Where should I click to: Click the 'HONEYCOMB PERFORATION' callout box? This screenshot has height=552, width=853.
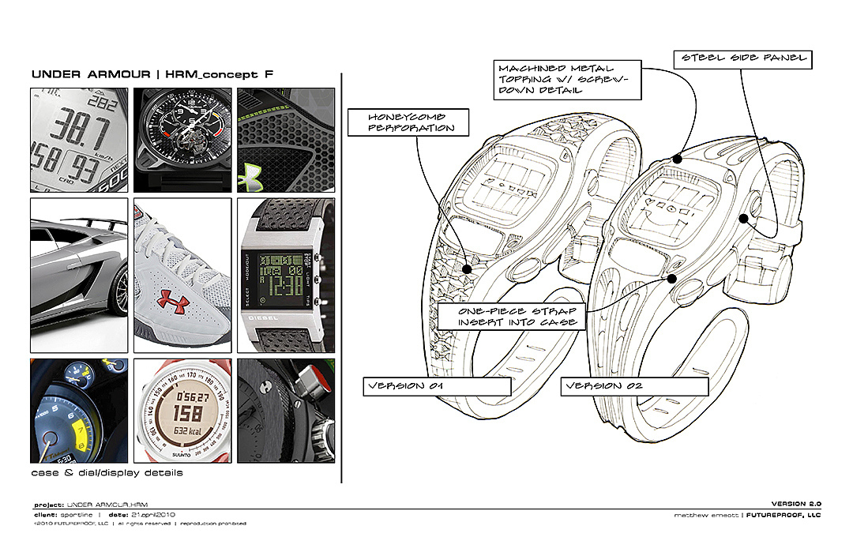point(408,122)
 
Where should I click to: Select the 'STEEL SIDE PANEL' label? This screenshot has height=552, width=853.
point(740,58)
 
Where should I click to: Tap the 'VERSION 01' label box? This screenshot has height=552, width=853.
point(437,386)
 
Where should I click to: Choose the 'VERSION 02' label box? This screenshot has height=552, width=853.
point(634,386)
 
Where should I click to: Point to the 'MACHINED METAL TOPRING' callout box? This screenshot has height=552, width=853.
point(556,80)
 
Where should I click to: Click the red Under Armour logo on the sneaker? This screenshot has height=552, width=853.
point(175,300)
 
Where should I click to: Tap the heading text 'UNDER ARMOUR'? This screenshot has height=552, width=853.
point(91,75)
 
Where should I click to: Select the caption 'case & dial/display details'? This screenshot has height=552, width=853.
point(107,473)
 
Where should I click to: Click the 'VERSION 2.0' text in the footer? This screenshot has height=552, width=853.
point(796,504)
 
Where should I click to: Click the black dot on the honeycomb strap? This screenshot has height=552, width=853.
point(467,269)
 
